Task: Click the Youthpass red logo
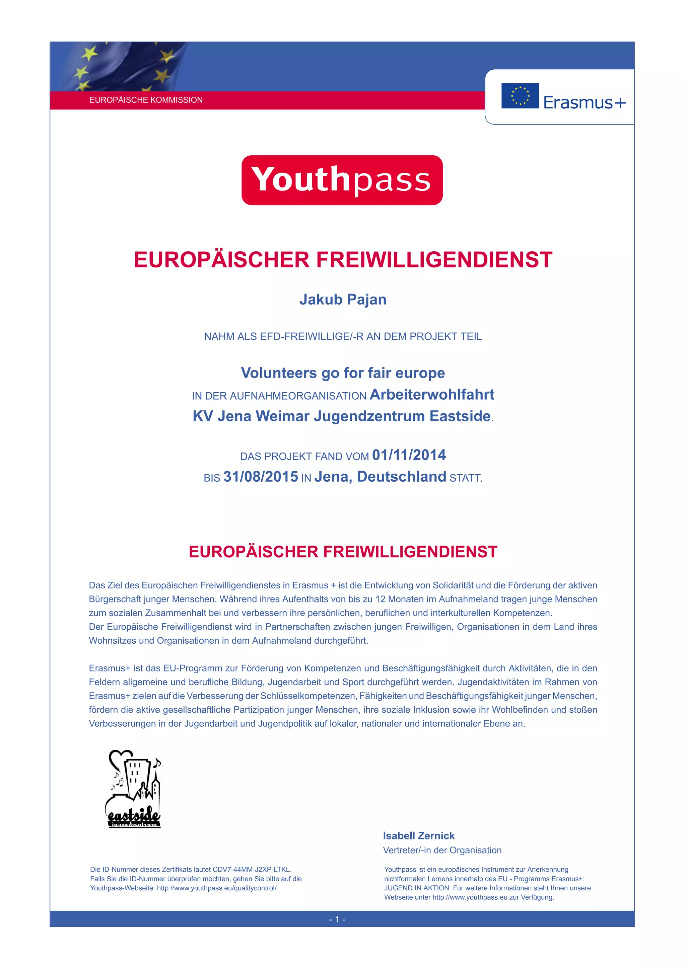pyautogui.click(x=342, y=180)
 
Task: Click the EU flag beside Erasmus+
pyautogui.click(x=520, y=96)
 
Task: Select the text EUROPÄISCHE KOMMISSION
pyautogui.click(x=146, y=100)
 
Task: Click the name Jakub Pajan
pyautogui.click(x=343, y=300)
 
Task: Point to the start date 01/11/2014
pyautogui.click(x=409, y=455)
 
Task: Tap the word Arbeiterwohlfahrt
pyautogui.click(x=431, y=395)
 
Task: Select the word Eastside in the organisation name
pyautogui.click(x=460, y=416)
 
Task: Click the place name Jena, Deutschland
pyautogui.click(x=380, y=477)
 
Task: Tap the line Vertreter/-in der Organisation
pyautogui.click(x=442, y=850)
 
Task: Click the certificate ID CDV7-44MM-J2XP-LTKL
pyautogui.click(x=252, y=870)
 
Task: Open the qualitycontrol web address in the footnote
pyautogui.click(x=216, y=888)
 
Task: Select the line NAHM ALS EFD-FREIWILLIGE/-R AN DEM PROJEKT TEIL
pyautogui.click(x=343, y=337)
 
